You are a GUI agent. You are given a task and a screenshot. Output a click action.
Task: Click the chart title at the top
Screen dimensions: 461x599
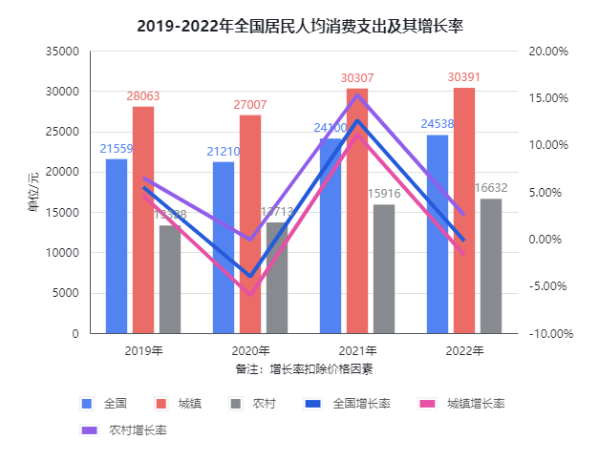300,26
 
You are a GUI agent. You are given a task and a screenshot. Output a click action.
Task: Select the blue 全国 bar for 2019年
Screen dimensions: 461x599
117,246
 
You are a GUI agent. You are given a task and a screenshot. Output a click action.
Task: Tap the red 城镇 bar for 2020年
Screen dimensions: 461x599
250,224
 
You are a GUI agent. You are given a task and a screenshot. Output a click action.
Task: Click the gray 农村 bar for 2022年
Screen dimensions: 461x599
491,266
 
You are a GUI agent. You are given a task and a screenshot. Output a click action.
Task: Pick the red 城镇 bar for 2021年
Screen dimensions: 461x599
357,211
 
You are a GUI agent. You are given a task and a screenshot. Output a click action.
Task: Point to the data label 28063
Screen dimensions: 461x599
143,97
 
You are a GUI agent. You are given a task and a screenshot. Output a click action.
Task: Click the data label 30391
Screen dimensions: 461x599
464,77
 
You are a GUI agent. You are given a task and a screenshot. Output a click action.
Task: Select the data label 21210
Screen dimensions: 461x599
224,152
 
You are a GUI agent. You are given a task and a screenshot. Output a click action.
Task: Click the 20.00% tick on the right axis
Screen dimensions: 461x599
548,52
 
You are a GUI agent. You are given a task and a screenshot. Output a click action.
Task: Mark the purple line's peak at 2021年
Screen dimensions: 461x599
357,94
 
